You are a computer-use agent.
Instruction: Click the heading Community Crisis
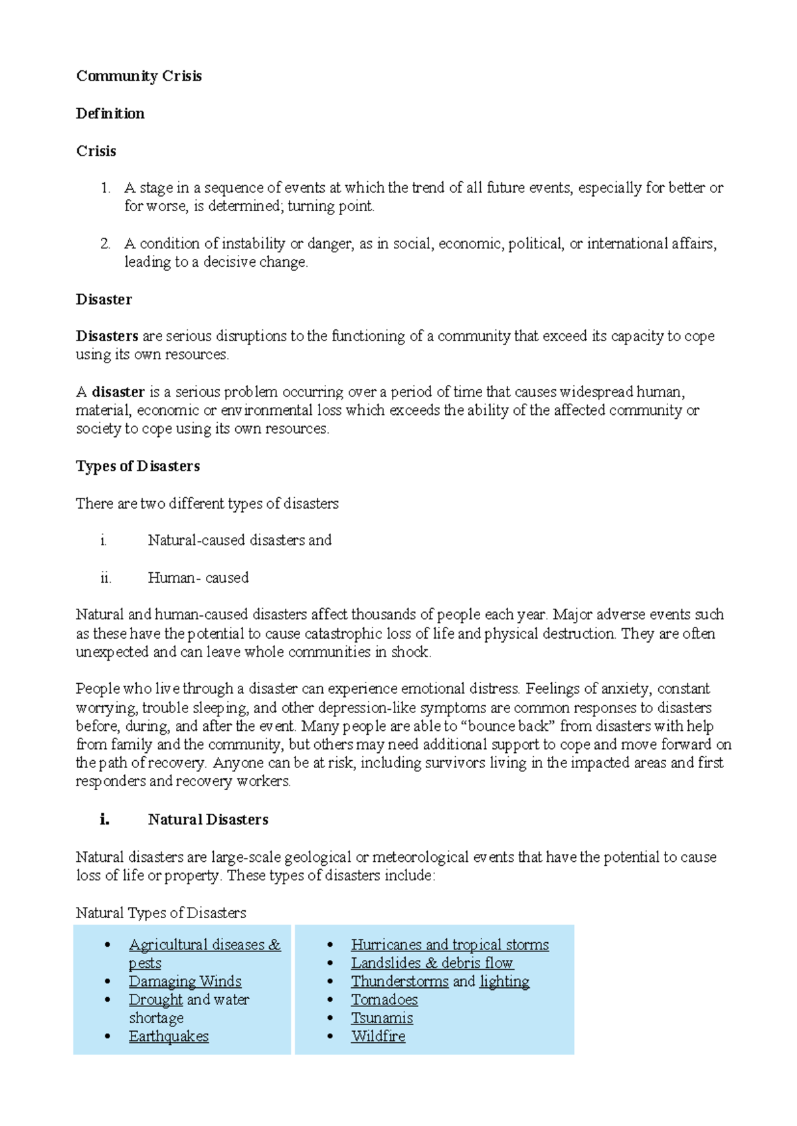click(139, 76)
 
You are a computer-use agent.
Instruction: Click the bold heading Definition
click(110, 114)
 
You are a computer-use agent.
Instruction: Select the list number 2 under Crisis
click(106, 244)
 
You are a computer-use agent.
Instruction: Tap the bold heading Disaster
click(104, 299)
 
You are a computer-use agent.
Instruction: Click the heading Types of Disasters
click(137, 466)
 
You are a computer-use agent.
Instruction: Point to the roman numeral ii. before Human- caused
click(106, 578)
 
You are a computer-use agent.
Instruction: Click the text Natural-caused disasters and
click(239, 540)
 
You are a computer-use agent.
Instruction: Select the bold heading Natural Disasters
click(208, 820)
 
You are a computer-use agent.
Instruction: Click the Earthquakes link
click(169, 1036)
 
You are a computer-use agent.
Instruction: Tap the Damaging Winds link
click(185, 981)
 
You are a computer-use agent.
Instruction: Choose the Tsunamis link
click(382, 1018)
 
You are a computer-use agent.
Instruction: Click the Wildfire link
click(378, 1036)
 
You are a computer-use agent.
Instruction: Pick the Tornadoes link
click(385, 1000)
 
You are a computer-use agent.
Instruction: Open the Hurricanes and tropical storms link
click(450, 945)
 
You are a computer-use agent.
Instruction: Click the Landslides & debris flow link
click(432, 963)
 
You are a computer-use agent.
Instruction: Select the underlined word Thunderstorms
click(399, 981)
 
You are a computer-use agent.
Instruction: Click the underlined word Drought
click(155, 1000)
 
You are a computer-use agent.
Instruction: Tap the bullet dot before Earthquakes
click(108, 1036)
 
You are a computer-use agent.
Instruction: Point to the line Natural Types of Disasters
click(161, 913)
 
